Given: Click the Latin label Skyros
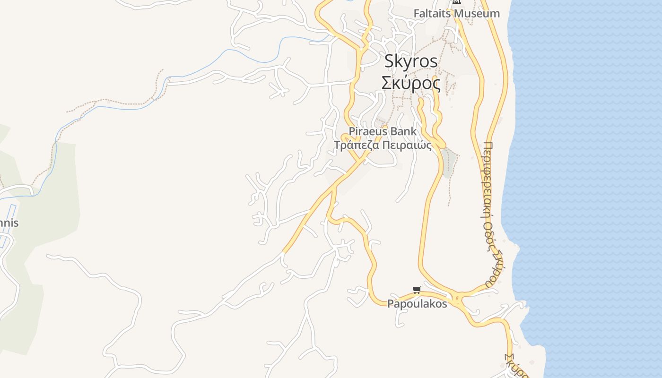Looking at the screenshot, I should point(411,61).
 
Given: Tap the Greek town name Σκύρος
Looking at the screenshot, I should point(411,83).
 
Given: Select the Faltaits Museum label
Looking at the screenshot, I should point(456,14).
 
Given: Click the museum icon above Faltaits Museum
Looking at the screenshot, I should point(456,1).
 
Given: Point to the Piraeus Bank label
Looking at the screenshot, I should point(383,131).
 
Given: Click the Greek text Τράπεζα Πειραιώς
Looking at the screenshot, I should point(383,145).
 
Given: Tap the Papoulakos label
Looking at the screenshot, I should point(417,304).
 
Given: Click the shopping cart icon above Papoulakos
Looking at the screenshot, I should point(417,290).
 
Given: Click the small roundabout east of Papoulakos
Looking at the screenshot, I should point(457,299).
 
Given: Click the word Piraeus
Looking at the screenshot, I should point(366,131).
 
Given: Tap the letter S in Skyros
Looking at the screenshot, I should point(389,61).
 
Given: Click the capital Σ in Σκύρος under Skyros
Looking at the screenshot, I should point(387,83).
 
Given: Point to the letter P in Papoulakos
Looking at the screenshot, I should point(390,304).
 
